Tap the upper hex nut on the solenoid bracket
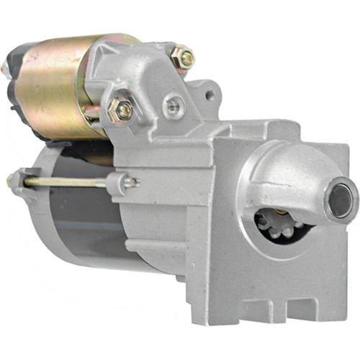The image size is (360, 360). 182,58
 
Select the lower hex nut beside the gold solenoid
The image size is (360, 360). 121,110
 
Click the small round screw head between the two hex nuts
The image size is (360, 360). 171,107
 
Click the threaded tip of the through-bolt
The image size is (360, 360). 133,181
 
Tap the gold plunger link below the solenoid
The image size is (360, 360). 94,115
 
